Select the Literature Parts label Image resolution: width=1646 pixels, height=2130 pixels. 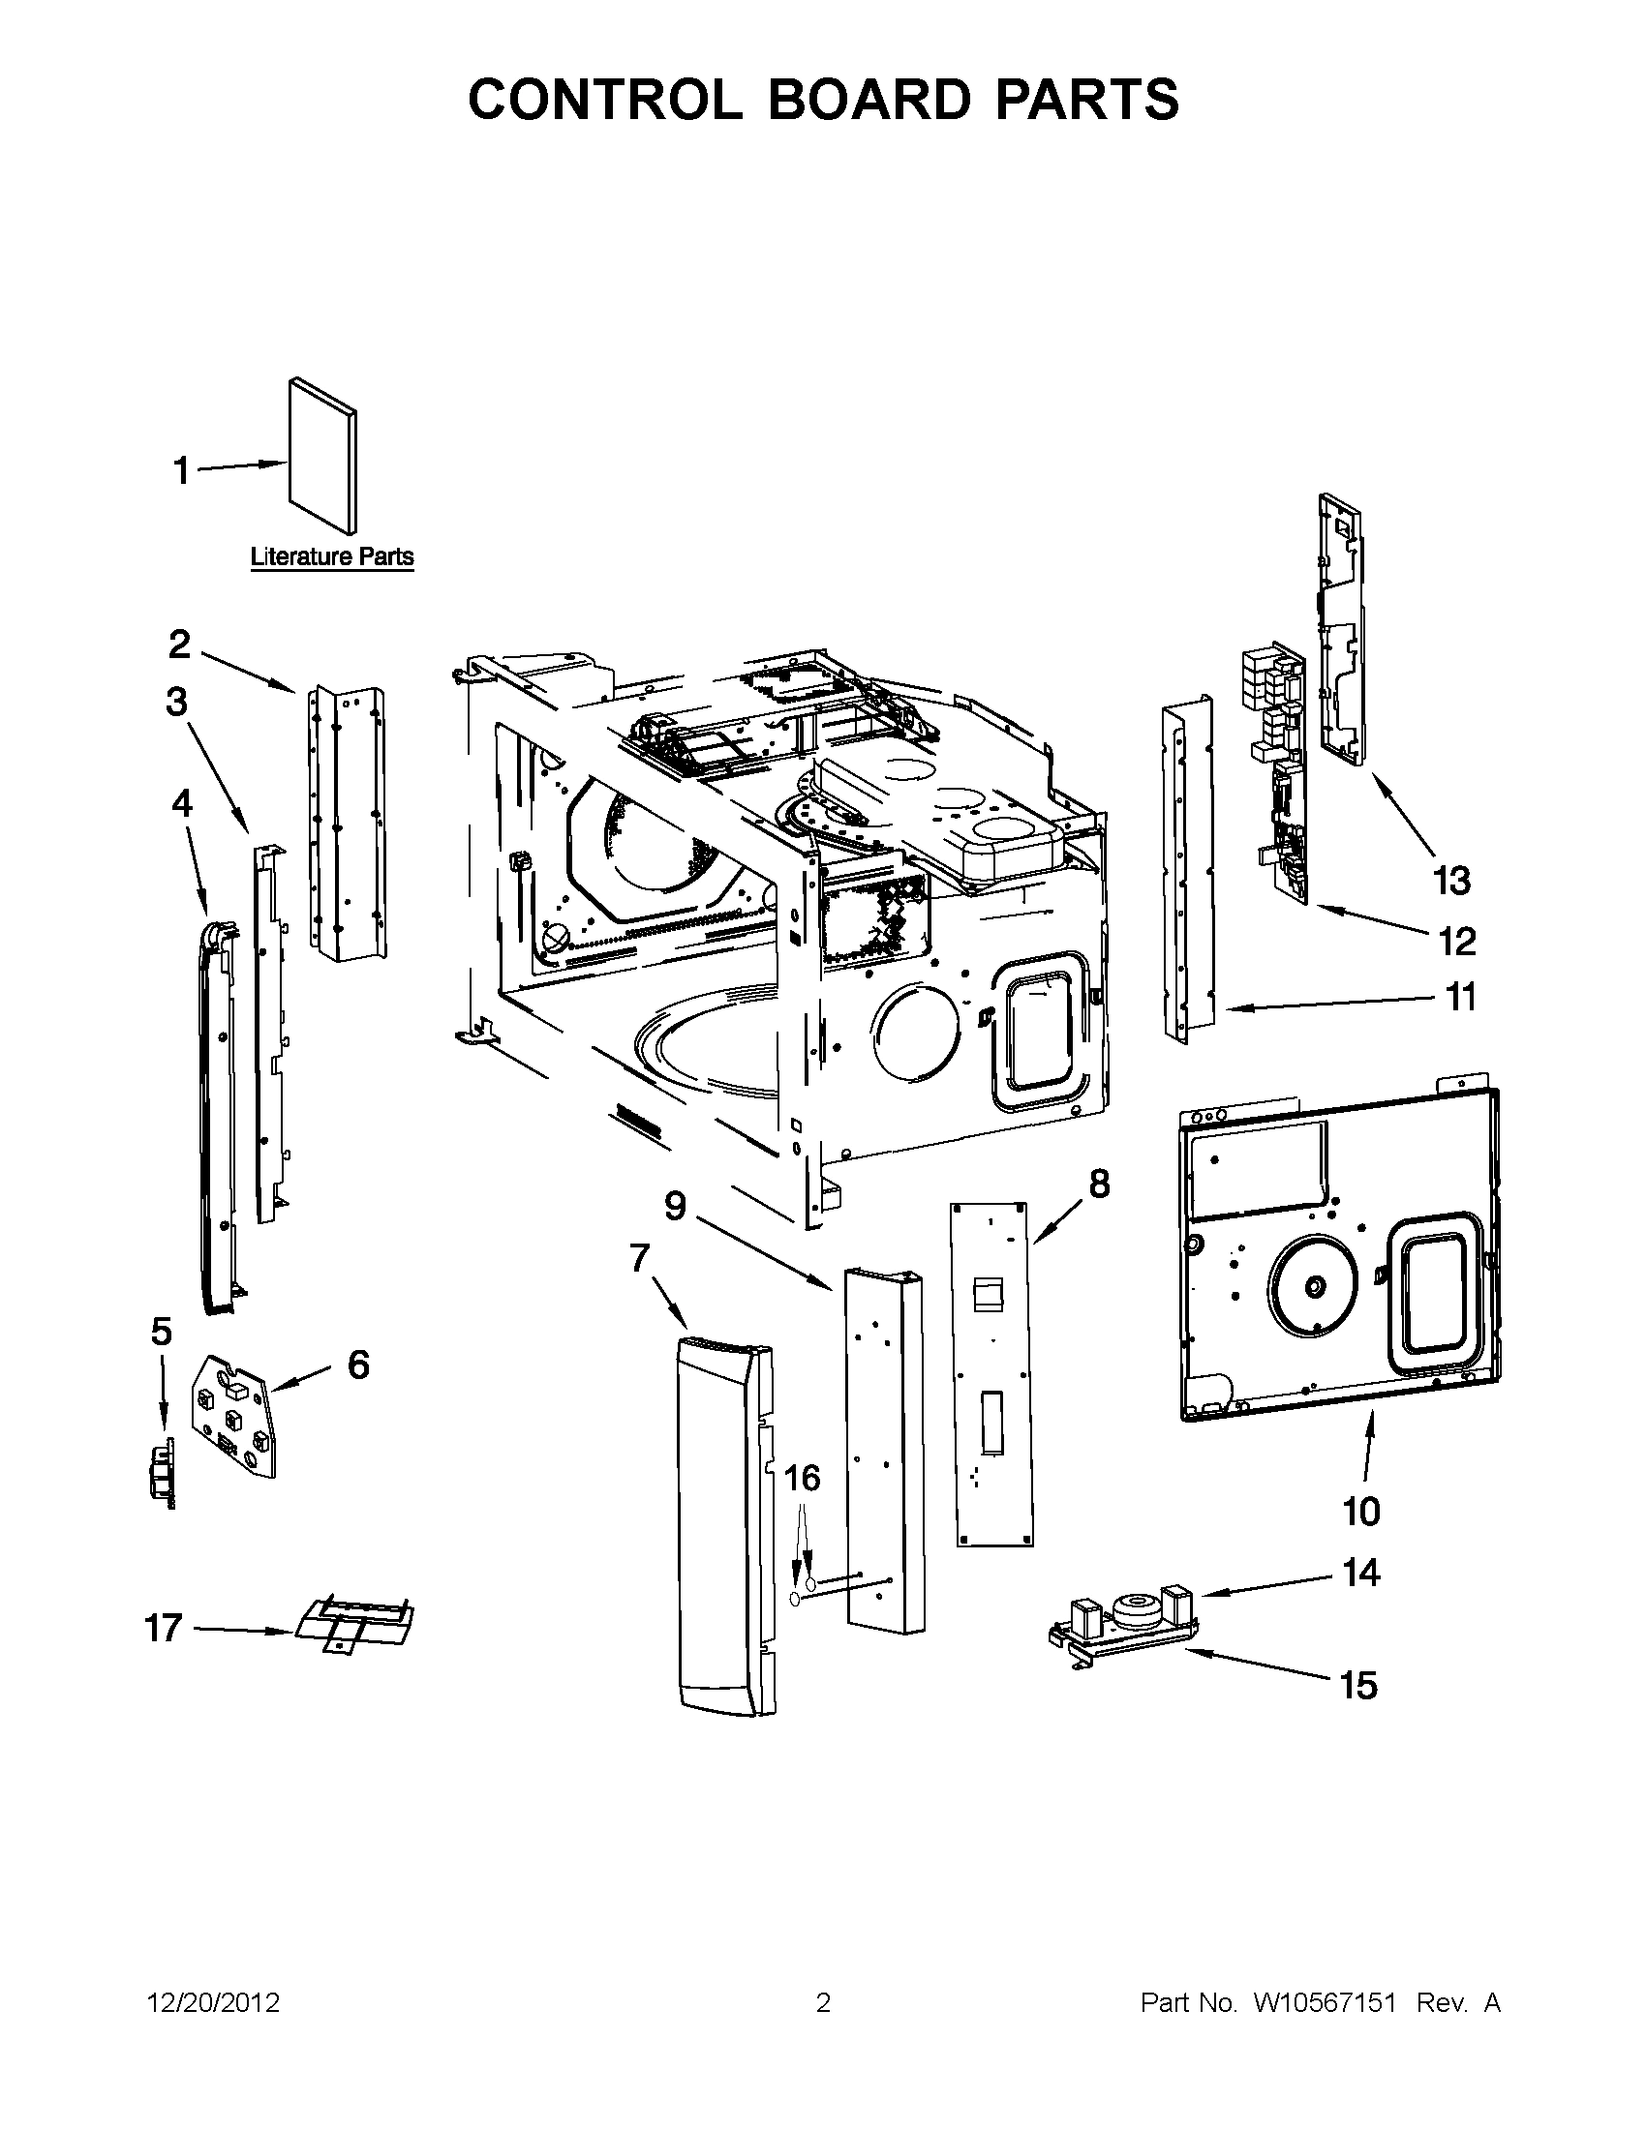coord(332,556)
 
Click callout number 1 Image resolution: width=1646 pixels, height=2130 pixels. coord(180,471)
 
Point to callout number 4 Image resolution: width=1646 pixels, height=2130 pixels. coord(181,803)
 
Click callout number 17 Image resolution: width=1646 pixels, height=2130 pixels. coord(163,1628)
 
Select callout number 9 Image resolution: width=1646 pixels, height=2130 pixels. coord(675,1207)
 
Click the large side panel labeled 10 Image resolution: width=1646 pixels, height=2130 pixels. coord(1337,1258)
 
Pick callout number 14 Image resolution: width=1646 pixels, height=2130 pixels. coord(1361,1573)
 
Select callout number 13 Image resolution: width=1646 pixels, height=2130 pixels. coord(1450,881)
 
